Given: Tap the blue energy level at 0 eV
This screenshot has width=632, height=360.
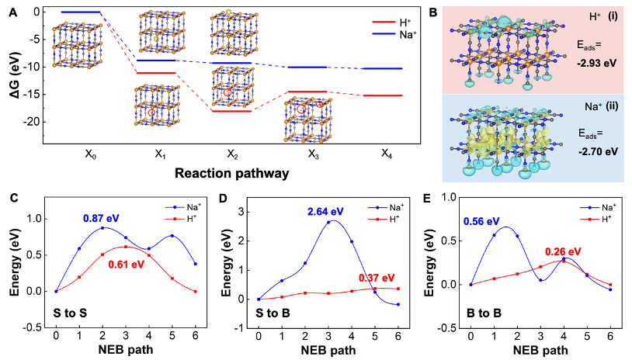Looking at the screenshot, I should pos(81,12).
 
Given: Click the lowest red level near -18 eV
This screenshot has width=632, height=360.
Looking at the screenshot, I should pos(231,111).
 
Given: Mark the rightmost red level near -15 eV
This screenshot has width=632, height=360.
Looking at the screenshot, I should pos(383,95).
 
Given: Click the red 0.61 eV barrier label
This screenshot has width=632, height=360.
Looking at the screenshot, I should pos(127,264).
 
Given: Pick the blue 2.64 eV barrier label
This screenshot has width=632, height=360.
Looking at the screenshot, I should pos(326,212).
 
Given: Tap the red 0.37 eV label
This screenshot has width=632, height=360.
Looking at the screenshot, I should pos(377,277).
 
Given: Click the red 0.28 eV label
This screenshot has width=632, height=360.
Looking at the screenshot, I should pos(564,251).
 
